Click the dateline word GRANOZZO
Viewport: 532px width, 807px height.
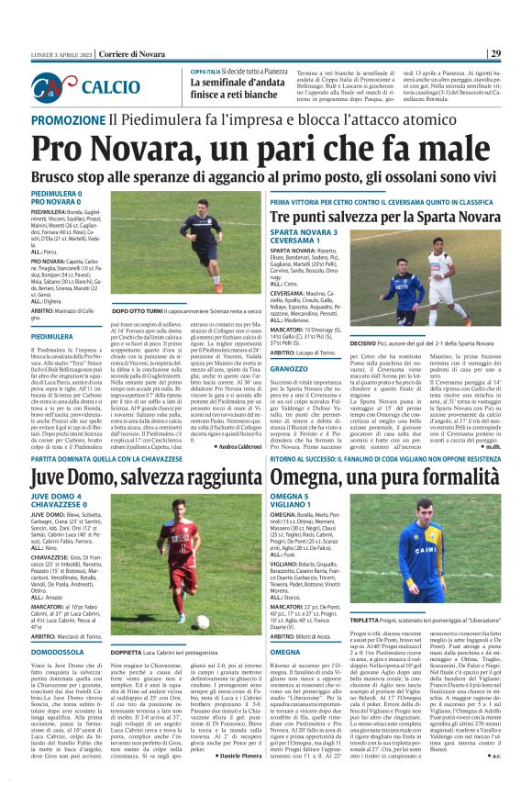click(x=289, y=368)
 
